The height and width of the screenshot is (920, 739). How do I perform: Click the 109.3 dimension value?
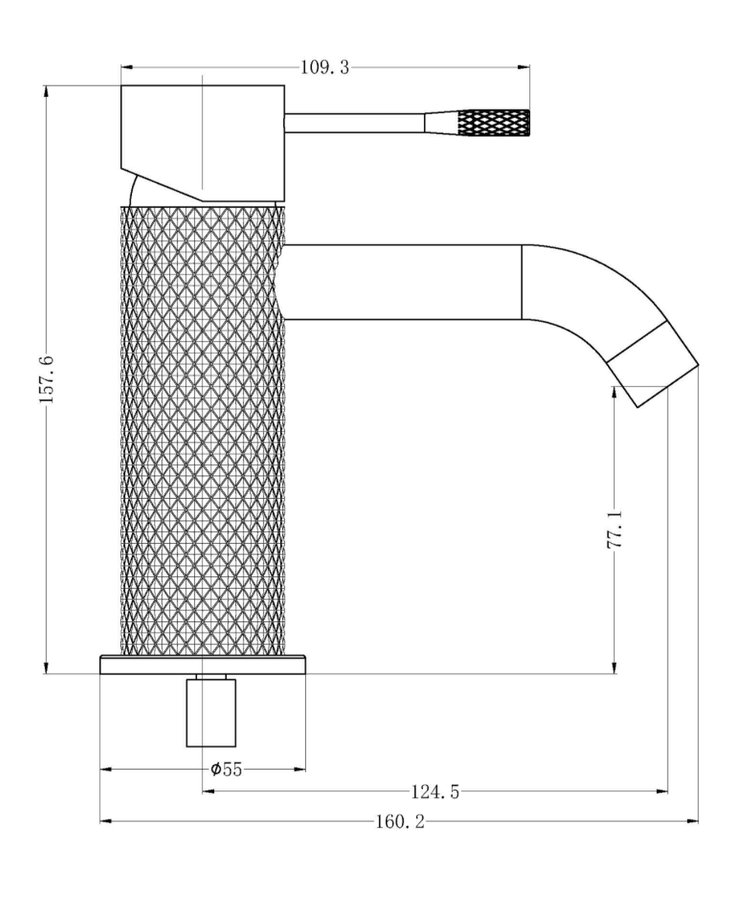(x=324, y=67)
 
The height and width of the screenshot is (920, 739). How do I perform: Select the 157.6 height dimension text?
(x=47, y=379)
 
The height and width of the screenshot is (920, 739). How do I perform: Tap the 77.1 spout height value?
(x=615, y=529)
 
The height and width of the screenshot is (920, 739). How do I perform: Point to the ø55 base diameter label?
(x=227, y=769)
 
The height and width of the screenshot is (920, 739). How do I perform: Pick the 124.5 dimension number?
(x=435, y=792)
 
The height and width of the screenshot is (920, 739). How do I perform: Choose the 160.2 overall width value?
(x=400, y=821)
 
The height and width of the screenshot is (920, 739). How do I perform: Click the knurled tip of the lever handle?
(x=494, y=123)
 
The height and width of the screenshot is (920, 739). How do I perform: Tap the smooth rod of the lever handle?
(x=355, y=123)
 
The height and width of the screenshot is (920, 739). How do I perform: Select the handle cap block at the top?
(x=203, y=143)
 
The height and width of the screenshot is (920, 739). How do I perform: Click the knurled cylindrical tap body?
(x=203, y=430)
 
